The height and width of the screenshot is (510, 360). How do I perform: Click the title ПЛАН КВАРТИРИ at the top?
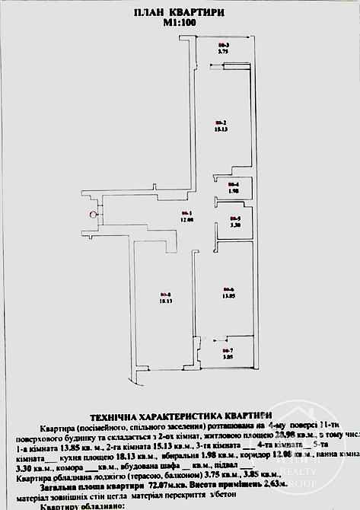click(x=180, y=13)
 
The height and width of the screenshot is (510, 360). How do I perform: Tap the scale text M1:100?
click(x=180, y=24)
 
